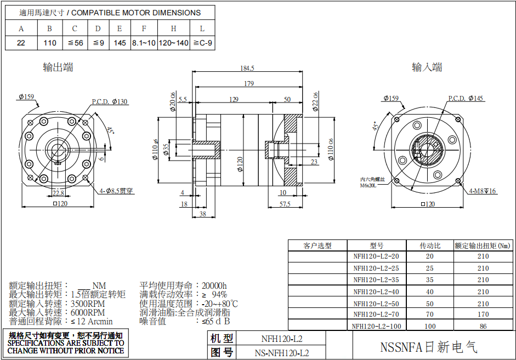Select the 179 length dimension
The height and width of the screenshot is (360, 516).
tap(248, 83)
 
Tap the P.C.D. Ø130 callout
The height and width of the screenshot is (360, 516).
tap(109, 101)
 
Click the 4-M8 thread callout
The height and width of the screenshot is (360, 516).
tap(483, 191)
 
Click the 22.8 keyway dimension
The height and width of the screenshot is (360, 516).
tap(58, 192)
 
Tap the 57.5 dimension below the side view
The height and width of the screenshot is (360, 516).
tap(285, 204)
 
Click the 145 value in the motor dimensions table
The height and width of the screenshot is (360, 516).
tap(120, 43)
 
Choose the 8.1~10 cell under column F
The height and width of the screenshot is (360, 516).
tap(144, 43)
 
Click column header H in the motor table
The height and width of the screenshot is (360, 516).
tap(173, 28)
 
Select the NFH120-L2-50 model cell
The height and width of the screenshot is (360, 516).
tap(376, 304)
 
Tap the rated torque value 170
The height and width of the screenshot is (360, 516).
tap(483, 315)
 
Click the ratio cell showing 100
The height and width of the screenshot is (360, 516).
tap(430, 327)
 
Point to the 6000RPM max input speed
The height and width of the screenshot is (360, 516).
tap(87, 312)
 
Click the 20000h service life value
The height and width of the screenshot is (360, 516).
tap(214, 285)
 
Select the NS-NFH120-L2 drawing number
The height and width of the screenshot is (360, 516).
tap(282, 353)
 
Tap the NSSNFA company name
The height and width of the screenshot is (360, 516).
tap(429, 347)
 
